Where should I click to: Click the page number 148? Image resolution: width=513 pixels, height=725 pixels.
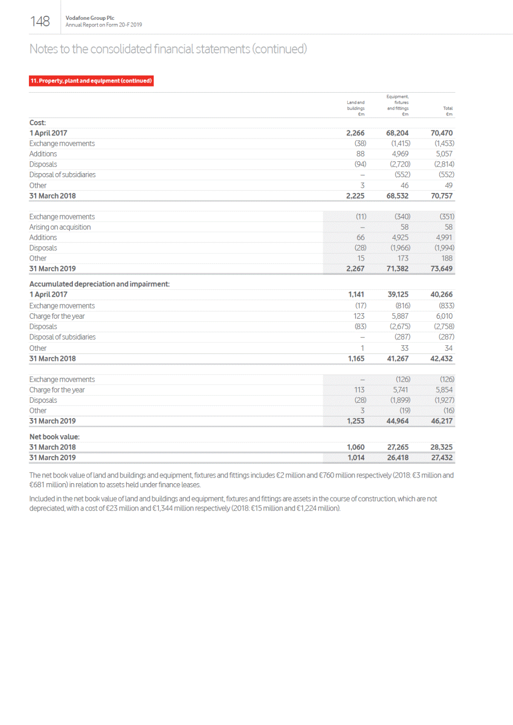pos(40,21)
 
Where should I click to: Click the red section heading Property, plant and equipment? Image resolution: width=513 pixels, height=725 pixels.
pos(91,81)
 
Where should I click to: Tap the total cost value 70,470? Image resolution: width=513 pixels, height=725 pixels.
pos(441,133)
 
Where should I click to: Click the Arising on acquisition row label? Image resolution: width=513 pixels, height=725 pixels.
pos(60,227)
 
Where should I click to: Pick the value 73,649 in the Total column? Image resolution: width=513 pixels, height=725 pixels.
pos(441,269)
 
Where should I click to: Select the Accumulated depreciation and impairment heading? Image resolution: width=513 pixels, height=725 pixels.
pos(99,284)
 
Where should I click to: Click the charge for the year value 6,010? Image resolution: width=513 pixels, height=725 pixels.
pos(444,316)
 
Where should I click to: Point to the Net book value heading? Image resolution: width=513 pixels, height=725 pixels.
pos(54,437)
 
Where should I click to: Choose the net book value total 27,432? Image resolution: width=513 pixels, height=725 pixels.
pos(441,458)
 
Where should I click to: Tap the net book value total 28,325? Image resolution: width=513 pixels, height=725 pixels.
pos(441,448)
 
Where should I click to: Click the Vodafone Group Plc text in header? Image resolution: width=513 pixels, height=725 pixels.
pos(90,18)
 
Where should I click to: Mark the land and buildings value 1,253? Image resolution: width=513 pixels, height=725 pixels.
pos(355,421)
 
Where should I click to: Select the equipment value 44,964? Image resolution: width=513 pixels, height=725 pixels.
pos(397,421)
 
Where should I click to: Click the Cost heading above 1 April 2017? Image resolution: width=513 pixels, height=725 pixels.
pos(38,123)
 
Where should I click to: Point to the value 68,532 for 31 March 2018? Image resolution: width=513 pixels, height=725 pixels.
pos(397,196)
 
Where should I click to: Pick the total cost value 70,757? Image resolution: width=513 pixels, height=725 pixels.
pos(441,196)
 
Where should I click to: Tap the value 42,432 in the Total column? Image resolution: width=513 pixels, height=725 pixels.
pos(441,359)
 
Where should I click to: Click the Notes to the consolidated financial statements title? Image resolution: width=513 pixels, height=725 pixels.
pos(168,49)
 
